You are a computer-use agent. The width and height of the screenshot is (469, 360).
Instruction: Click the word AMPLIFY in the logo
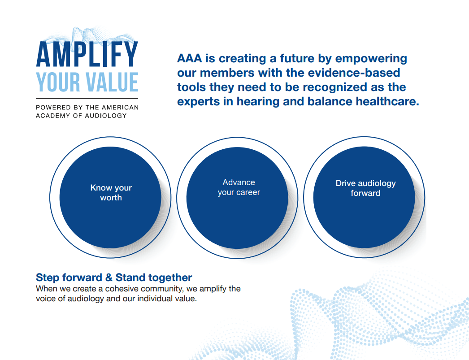pyautogui.click(x=87, y=54)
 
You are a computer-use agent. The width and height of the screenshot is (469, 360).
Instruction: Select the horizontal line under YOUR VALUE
pyautogui.click(x=87, y=98)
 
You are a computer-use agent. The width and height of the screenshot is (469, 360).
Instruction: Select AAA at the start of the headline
pyautogui.click(x=189, y=59)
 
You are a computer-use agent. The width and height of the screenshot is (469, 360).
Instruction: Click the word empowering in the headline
pyautogui.click(x=371, y=59)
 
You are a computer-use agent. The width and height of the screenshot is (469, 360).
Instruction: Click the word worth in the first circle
pyautogui.click(x=111, y=198)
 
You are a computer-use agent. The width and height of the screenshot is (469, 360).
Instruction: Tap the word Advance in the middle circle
pyautogui.click(x=239, y=182)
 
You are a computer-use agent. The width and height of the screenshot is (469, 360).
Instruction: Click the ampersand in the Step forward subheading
pyautogui.click(x=108, y=278)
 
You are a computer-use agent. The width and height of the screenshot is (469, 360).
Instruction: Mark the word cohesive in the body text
pyautogui.click(x=120, y=289)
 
